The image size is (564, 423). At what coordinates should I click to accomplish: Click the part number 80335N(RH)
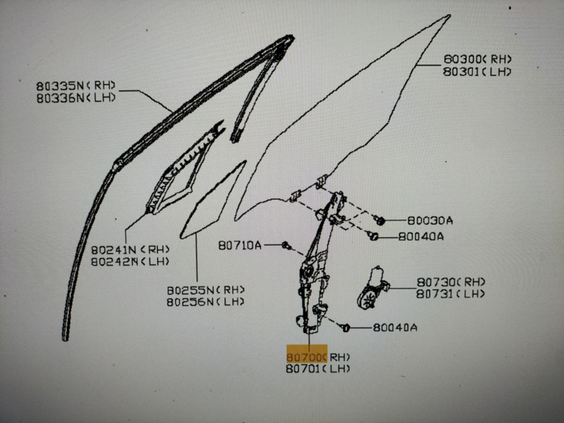[x=76, y=85]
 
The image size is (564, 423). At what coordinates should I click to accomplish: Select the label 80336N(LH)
[x=76, y=98]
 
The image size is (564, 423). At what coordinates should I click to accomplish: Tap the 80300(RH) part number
[x=477, y=59]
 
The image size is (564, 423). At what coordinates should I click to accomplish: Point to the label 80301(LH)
[x=477, y=71]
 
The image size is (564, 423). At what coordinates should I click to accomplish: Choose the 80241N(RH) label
[x=130, y=250]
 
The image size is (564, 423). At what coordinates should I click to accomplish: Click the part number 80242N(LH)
[x=130, y=262]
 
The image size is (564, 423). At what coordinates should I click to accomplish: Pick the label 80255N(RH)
[x=206, y=290]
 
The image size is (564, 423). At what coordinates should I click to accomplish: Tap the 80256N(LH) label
[x=206, y=302]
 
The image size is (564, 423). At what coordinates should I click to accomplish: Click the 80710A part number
[x=240, y=245]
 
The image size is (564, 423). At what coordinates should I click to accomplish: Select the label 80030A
[x=430, y=220]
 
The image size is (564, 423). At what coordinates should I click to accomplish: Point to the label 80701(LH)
[x=318, y=369]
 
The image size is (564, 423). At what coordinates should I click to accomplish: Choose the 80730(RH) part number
[x=450, y=281]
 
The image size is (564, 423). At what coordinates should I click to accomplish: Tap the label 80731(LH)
[x=450, y=294]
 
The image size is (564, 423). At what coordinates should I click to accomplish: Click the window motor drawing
[x=373, y=288]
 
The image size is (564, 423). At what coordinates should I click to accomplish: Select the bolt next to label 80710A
[x=286, y=245]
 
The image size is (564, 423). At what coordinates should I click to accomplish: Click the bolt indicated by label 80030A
[x=379, y=220]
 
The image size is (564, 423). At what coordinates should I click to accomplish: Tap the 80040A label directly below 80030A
[x=421, y=236]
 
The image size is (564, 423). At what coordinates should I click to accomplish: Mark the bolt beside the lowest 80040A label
[x=345, y=328]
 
